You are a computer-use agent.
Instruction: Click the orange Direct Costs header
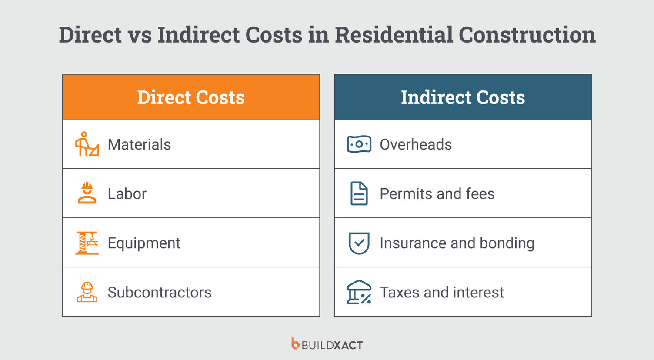(x=191, y=97)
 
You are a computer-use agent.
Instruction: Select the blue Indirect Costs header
(x=463, y=97)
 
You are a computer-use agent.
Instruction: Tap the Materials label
(x=139, y=144)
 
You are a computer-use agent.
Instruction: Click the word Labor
(x=127, y=193)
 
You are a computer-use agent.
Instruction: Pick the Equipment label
(x=144, y=243)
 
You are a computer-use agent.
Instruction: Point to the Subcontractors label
(x=160, y=292)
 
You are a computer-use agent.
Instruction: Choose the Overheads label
(x=416, y=144)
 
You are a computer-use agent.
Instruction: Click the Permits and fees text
(x=437, y=193)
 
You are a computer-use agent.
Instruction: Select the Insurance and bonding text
(x=457, y=243)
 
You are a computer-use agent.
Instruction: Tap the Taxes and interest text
(x=442, y=292)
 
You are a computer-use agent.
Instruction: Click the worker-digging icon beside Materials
(x=87, y=144)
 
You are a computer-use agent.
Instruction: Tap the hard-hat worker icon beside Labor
(x=87, y=193)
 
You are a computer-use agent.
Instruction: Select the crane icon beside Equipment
(x=87, y=243)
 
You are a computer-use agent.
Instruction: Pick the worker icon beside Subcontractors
(x=87, y=292)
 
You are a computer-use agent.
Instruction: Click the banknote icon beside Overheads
(x=359, y=144)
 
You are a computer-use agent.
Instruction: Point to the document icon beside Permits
(x=359, y=193)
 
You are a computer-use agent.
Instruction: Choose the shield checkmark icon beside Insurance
(x=359, y=243)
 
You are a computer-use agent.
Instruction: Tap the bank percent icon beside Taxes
(x=359, y=292)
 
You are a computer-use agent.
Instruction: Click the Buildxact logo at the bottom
(x=327, y=344)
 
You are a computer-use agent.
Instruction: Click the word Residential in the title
(x=394, y=35)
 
